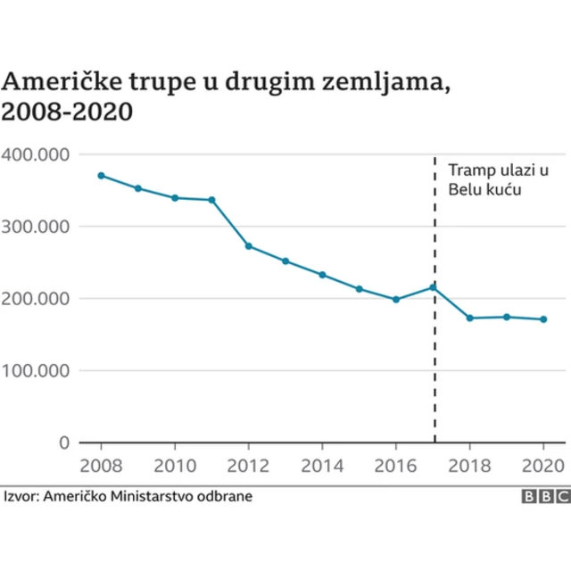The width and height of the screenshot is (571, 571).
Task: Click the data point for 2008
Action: [x=101, y=175]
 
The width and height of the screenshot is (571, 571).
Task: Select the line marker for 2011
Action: [x=211, y=200]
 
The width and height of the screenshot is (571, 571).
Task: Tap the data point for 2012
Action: [x=248, y=246]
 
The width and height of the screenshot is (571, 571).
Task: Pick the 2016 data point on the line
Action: [x=396, y=300]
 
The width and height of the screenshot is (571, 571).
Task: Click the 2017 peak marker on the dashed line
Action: [x=434, y=287]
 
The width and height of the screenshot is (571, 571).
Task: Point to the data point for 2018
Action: [x=470, y=318]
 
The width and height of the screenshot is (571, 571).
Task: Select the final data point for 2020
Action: [x=543, y=319]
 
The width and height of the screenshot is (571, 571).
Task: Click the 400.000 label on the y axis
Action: [x=36, y=154]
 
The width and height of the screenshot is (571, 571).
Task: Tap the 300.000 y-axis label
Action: [x=36, y=227]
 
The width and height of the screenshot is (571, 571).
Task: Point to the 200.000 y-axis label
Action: [x=36, y=299]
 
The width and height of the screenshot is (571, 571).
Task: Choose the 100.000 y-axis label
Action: [x=36, y=370]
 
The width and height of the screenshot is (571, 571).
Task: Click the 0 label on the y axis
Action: [x=62, y=443]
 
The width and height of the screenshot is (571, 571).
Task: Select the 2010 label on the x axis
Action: [x=174, y=466]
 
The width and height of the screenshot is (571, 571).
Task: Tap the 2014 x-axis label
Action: [x=322, y=466]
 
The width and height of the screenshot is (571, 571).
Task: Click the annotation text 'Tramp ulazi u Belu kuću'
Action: [x=496, y=179]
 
